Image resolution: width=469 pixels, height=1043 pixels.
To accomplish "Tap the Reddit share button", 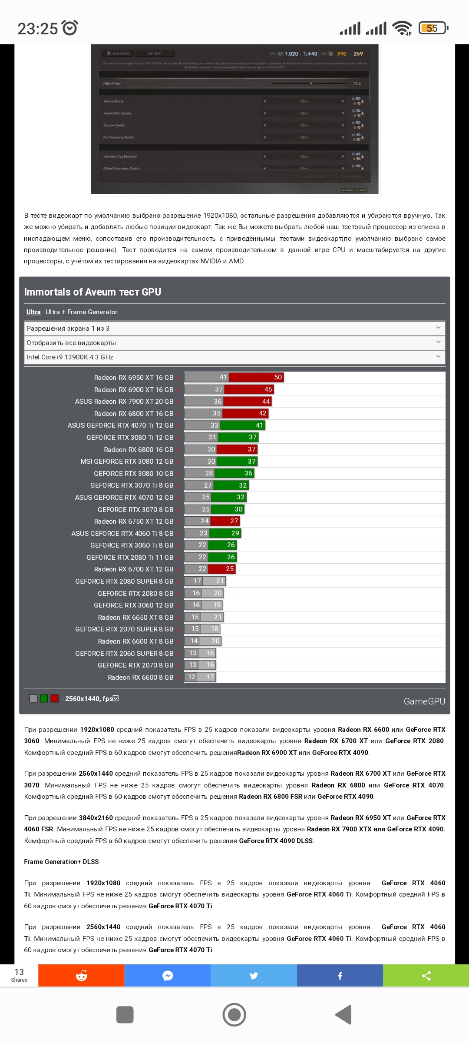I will tap(81, 976).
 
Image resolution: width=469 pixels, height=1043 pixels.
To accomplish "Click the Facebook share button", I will tap(340, 976).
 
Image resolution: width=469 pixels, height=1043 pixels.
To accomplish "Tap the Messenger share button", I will tap(168, 976).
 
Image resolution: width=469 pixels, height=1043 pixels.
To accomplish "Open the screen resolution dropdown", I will tap(234, 328).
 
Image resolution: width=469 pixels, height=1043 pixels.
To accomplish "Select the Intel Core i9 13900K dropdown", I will tap(234, 357).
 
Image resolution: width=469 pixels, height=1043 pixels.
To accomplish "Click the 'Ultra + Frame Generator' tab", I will tap(81, 312).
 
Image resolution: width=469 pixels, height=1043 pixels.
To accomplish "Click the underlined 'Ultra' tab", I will tap(33, 312).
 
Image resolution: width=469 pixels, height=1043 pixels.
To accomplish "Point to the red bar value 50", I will tap(278, 377).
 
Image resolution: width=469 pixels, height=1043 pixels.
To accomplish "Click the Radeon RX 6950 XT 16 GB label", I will tap(133, 378).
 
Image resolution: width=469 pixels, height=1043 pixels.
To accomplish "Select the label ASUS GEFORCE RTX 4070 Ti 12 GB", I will tap(120, 425).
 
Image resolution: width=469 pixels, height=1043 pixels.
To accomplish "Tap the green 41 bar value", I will tap(259, 425).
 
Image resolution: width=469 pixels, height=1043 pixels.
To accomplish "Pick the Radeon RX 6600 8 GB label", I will tap(140, 678).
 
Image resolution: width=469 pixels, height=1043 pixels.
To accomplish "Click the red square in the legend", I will tap(54, 698).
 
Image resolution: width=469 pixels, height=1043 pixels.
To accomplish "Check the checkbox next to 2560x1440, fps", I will tap(116, 698).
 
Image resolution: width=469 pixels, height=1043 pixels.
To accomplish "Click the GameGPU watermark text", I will tap(424, 701).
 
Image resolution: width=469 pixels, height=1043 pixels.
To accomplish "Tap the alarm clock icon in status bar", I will tap(70, 28).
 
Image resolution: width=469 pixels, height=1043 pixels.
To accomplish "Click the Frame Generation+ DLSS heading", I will tap(61, 862).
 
